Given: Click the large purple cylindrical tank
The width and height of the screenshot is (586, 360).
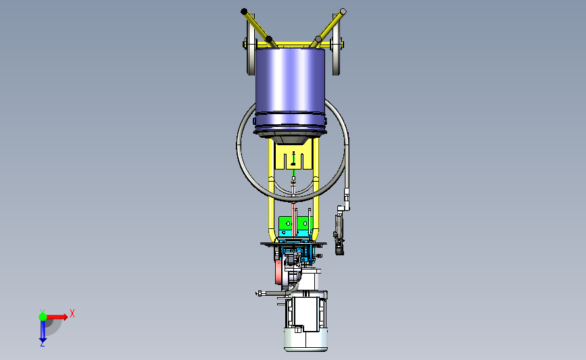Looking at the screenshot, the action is click(291, 90).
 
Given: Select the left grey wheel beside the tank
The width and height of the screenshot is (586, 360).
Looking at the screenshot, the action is click(251, 44).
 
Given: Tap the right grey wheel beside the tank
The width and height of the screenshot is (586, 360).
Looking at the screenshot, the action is click(337, 44).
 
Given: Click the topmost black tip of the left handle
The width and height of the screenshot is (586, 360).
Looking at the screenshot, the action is click(244, 11).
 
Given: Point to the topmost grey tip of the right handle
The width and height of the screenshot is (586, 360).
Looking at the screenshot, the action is click(343, 11).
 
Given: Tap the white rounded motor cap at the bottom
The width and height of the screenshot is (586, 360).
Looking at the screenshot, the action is click(306, 340).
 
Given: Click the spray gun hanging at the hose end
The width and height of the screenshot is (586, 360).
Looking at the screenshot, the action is click(339, 232).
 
